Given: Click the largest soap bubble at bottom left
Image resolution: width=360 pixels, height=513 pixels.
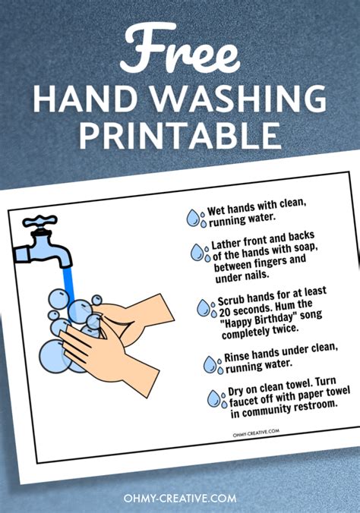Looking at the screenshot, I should click(x=54, y=353).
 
